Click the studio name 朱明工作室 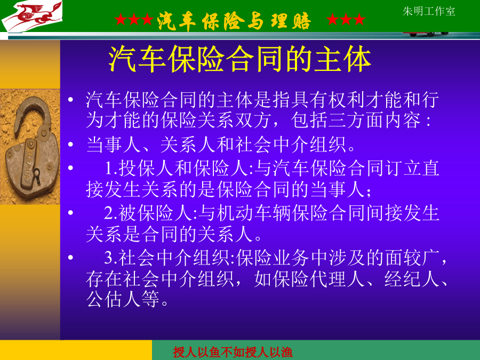429,11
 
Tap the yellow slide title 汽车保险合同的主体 239,59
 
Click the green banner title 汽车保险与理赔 234,20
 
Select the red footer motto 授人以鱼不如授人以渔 233,352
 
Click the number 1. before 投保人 111,168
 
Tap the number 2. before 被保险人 111,213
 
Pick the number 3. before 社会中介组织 111,258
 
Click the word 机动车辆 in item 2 254,213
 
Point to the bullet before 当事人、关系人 71,145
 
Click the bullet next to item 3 71,258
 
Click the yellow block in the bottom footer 76,350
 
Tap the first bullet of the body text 71,100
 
